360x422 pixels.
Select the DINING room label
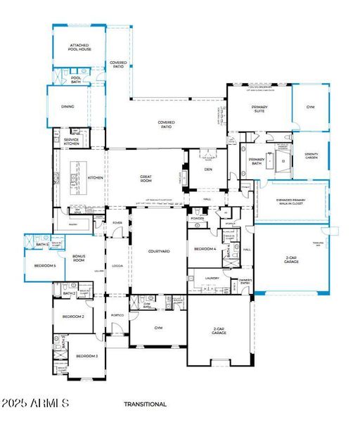click(67, 107)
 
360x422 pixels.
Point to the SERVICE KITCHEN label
click(71, 141)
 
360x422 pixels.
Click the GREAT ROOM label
click(146, 179)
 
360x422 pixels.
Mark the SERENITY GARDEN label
click(311, 155)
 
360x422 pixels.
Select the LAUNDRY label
click(212, 279)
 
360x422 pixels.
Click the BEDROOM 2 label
click(73, 316)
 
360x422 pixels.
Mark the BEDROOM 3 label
click(87, 357)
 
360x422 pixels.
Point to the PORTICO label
click(117, 315)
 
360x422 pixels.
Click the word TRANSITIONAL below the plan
click(145, 404)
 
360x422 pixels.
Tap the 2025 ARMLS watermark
click(35, 404)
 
